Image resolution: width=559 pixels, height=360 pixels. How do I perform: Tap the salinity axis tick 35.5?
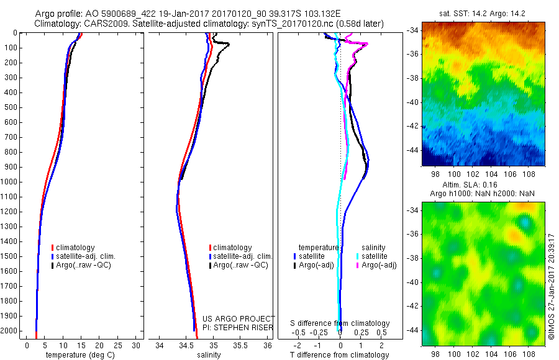click(240, 345)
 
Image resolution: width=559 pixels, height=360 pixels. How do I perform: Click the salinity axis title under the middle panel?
click(208, 355)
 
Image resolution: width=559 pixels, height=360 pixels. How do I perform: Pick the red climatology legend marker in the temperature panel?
click(52, 248)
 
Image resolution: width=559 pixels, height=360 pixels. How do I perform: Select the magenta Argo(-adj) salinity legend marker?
click(358, 265)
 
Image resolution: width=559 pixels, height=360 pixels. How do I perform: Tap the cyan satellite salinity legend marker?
click(358, 256)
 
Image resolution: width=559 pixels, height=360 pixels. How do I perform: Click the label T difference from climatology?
click(339, 355)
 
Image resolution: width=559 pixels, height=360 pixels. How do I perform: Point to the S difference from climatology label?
click(340, 323)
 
